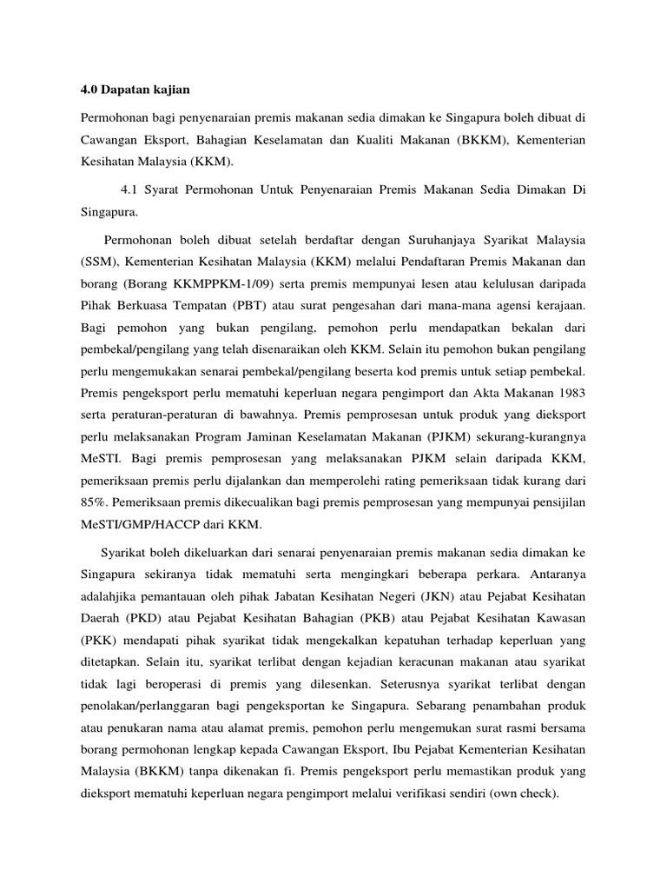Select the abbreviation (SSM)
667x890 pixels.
pos(100,262)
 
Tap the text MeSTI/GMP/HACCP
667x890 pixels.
pos(135,526)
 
